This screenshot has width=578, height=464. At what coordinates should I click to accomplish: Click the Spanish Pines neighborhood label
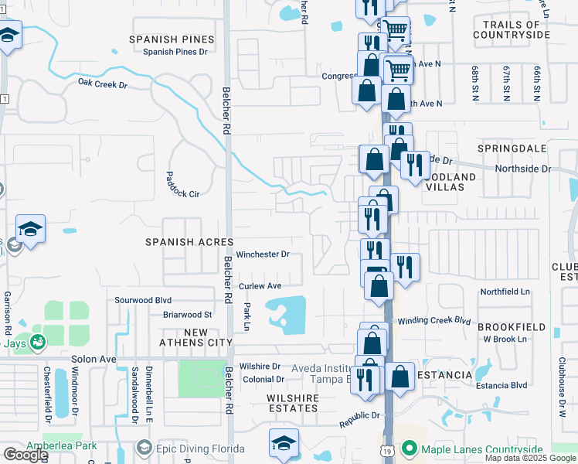point(172,39)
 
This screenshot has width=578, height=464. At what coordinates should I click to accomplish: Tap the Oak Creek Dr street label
point(102,83)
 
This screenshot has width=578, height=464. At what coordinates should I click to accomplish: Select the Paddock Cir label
point(183,184)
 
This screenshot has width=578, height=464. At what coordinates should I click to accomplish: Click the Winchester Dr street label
point(263,254)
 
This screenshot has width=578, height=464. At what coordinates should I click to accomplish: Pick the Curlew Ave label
point(260,286)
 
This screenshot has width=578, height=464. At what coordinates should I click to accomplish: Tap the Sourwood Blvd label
point(141,300)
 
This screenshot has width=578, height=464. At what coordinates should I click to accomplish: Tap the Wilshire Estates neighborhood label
point(293,397)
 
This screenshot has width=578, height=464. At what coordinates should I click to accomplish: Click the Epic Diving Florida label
point(199,449)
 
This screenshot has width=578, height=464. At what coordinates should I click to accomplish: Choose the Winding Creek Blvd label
point(433,320)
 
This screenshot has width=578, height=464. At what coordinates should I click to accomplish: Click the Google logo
point(25,455)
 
